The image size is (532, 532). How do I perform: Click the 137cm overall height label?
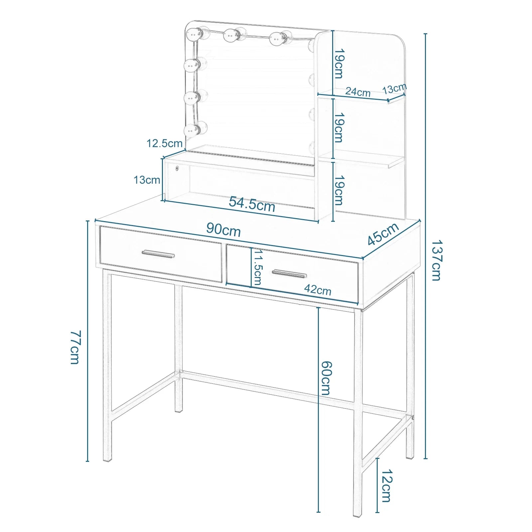tap(436, 260)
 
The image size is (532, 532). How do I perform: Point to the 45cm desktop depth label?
tap(383, 233)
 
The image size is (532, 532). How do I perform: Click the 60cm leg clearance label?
tap(326, 378)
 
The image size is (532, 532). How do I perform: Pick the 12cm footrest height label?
tap(387, 485)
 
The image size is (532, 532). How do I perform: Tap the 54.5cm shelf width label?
tap(252, 204)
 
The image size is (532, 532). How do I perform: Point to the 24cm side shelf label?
tap(358, 91)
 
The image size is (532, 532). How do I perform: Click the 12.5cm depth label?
tap(165, 143)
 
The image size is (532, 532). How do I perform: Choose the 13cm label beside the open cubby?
tap(147, 180)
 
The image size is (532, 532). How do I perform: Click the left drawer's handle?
tap(158, 254)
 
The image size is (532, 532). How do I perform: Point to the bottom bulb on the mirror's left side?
tap(193, 130)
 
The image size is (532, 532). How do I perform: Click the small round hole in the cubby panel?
tap(177, 168)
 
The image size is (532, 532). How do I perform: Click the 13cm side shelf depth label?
tap(394, 89)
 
